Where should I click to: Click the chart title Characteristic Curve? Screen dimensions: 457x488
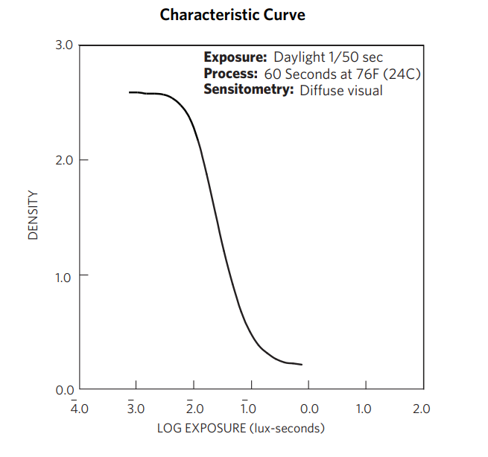[x=232, y=15]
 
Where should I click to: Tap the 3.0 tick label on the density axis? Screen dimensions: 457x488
[x=64, y=45]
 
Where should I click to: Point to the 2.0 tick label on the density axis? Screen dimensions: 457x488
[x=64, y=160]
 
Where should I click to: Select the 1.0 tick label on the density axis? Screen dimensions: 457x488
[x=64, y=275]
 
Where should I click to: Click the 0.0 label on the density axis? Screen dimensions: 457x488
[x=64, y=389]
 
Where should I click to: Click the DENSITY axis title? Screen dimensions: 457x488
[x=33, y=217]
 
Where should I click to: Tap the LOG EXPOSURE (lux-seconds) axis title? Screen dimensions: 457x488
[x=241, y=429]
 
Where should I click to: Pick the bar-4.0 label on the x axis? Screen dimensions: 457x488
[x=79, y=408]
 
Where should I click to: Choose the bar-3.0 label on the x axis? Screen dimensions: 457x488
[x=136, y=408]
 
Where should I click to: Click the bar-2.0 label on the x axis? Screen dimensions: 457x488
[x=194, y=408]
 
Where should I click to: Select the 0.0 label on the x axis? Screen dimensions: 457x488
[x=308, y=409]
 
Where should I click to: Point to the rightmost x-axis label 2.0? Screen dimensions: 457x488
[x=422, y=409]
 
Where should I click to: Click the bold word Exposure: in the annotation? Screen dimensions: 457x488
[x=235, y=57]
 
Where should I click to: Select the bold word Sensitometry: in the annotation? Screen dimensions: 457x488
[x=249, y=90]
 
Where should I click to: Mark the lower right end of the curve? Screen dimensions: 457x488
[x=302, y=365]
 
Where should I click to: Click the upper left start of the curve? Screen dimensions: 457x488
[x=129, y=92]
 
